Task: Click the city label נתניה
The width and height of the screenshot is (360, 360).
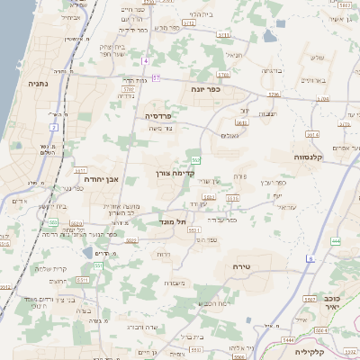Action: [38, 83]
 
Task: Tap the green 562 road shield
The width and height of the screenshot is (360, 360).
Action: [195, 159]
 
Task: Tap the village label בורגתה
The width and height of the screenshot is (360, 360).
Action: [272, 69]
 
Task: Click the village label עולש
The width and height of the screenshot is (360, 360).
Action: [316, 58]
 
